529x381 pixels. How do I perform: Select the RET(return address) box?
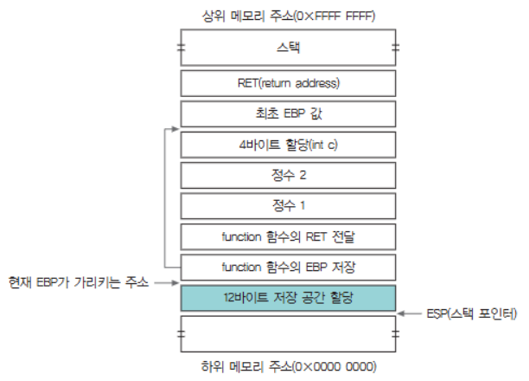289,83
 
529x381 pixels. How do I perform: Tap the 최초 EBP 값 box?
289,113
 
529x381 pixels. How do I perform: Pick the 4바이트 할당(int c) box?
289,144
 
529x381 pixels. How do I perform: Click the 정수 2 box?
289,174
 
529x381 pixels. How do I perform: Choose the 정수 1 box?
289,205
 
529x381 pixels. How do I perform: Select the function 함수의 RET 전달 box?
289,236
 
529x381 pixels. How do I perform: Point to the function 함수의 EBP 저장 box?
289,266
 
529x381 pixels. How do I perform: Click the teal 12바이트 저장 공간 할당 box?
289,297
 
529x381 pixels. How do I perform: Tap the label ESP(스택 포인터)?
474,311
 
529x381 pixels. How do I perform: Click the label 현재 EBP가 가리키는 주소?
78,282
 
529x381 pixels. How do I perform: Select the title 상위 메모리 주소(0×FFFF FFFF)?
289,16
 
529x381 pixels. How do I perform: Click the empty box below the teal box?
289,331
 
